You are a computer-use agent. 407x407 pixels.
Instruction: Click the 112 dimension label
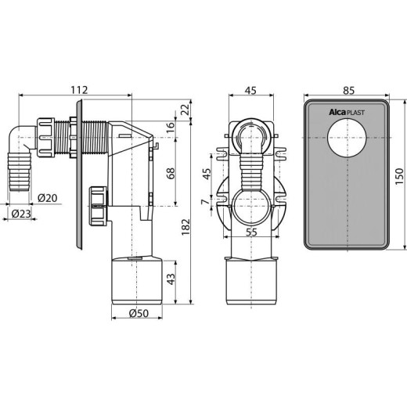pyautogui.click(x=80, y=90)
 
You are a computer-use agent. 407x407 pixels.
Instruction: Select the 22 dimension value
pyautogui.click(x=185, y=110)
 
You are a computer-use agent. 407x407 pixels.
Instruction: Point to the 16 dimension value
pyautogui.click(x=171, y=128)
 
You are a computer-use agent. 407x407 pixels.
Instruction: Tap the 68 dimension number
pyautogui.click(x=171, y=173)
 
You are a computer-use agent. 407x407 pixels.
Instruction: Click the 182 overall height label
pyautogui.click(x=185, y=227)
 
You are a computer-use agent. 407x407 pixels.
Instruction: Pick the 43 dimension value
pyautogui.click(x=171, y=279)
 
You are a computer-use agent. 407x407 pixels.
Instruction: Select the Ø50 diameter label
pyautogui.click(x=139, y=313)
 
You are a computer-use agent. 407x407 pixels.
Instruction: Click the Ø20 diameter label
pyautogui.click(x=47, y=198)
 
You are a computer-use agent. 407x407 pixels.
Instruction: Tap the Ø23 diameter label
pyautogui.click(x=21, y=214)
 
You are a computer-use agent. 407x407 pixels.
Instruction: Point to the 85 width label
pyautogui.click(x=349, y=90)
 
